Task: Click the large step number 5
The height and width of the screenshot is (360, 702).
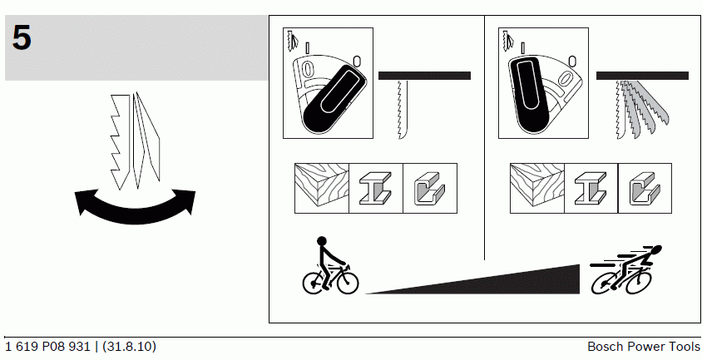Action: [x=22, y=37]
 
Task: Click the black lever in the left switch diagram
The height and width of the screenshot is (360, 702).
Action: [x=334, y=98]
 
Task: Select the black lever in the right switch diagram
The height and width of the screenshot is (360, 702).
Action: [x=529, y=96]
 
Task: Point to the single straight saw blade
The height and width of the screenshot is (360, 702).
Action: [x=402, y=110]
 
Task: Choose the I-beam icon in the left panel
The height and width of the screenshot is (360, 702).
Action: [x=376, y=188]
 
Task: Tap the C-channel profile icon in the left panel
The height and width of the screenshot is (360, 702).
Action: [x=429, y=188]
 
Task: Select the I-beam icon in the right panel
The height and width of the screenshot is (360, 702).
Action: [x=591, y=188]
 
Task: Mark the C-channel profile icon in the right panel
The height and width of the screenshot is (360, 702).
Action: [x=645, y=188]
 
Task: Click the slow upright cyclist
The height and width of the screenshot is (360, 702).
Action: [x=330, y=265]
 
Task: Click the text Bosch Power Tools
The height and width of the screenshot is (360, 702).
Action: [x=643, y=347]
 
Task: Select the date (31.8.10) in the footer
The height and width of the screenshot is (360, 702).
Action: [x=130, y=347]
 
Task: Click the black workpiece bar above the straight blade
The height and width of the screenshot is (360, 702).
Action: [x=424, y=76]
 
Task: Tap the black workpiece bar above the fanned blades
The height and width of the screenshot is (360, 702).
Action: [x=642, y=76]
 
